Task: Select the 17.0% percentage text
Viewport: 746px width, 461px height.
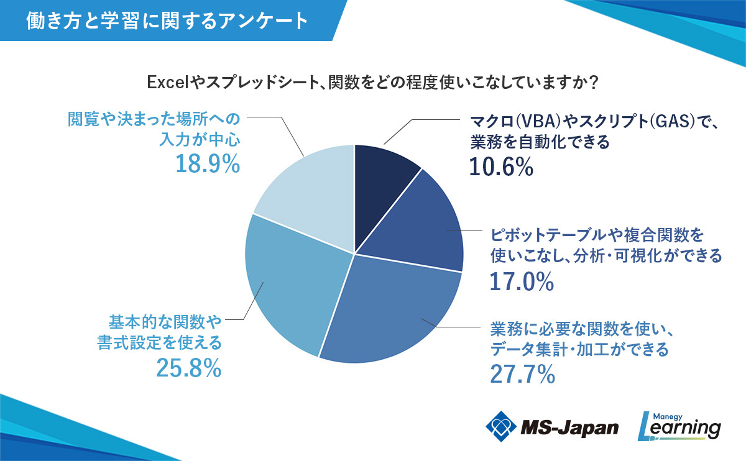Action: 521,281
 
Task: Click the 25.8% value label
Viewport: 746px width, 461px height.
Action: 189,368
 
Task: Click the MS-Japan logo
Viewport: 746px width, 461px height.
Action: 552,427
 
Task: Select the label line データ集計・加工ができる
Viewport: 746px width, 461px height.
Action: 579,349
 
